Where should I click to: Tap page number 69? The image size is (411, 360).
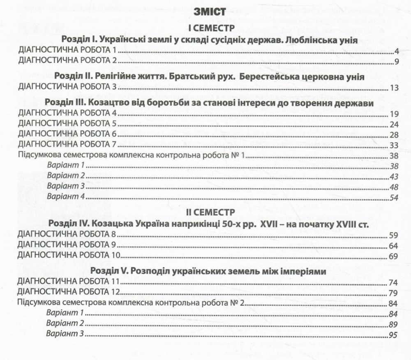click(x=394, y=257)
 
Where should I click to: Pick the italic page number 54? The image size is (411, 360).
click(x=394, y=198)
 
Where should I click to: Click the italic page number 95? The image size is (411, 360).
click(x=394, y=335)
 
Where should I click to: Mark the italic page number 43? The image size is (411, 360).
click(x=394, y=176)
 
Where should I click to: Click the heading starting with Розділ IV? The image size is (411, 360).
click(x=209, y=224)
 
